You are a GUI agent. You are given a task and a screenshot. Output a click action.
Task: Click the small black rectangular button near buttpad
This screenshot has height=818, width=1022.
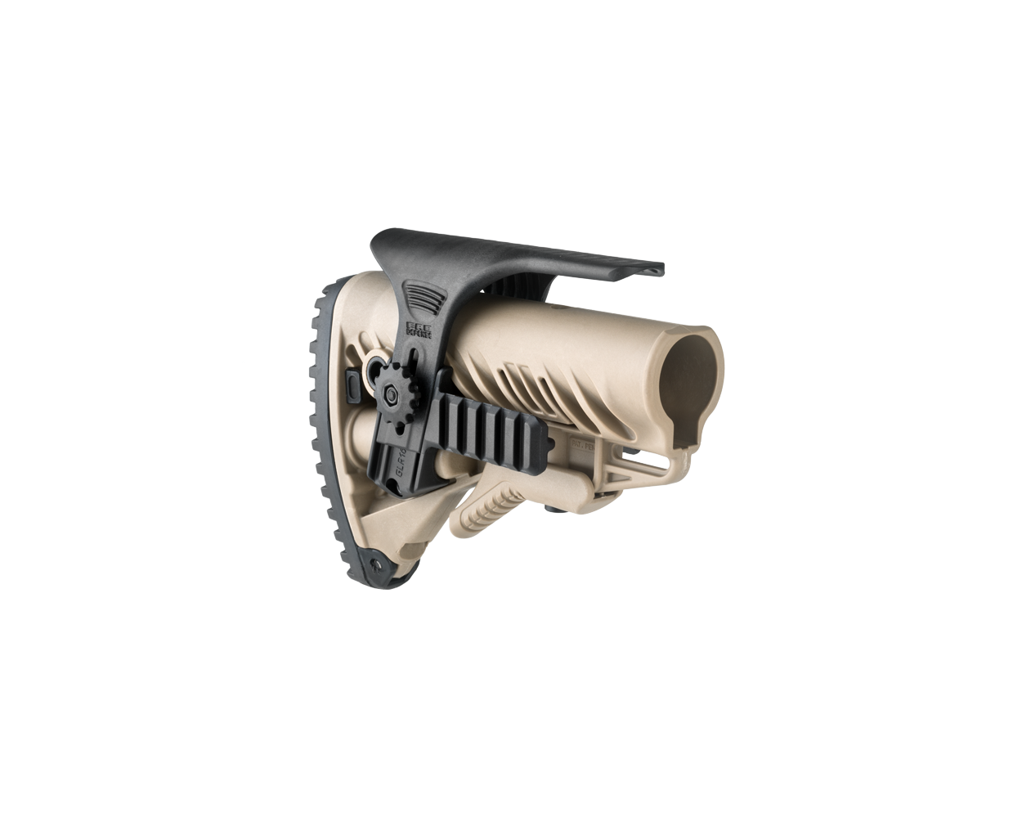(352, 384)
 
